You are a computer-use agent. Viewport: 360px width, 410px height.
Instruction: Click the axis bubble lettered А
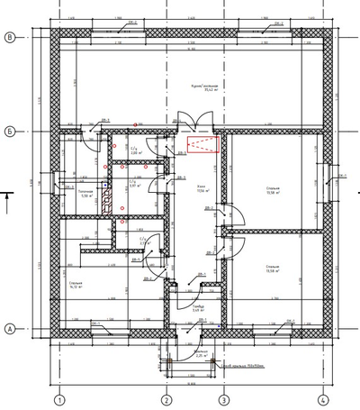coord(10,328)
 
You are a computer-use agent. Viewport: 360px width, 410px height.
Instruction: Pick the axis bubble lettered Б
coord(10,129)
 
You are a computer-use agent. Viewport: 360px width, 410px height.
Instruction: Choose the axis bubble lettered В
coord(10,37)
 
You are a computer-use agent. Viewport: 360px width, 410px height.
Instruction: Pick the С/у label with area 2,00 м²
coord(136,151)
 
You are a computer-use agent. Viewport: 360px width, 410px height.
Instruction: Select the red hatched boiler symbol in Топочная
coord(106,198)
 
